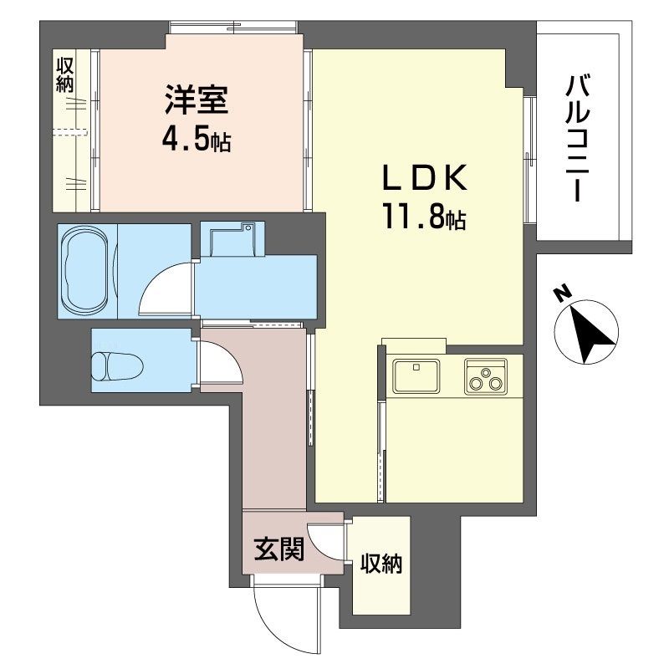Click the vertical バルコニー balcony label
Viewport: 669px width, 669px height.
[x=576, y=139]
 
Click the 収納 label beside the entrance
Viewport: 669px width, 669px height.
[x=381, y=564]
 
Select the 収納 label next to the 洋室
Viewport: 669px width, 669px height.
[x=66, y=74]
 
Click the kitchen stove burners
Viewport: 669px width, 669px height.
[x=487, y=378]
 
